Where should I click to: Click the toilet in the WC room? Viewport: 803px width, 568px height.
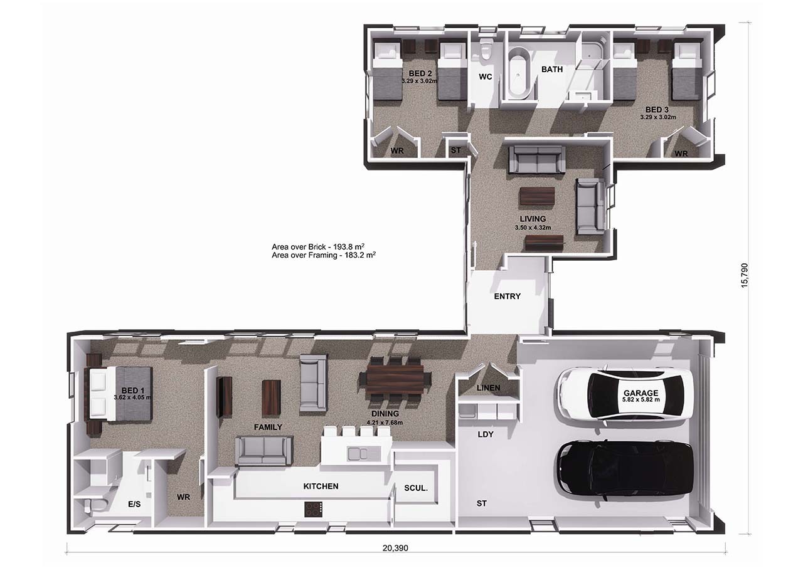tap(486, 50)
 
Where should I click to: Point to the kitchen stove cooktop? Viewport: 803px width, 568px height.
tap(313, 509)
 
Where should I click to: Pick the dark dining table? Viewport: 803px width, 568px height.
tap(395, 379)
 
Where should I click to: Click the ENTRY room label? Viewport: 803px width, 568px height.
tap(508, 296)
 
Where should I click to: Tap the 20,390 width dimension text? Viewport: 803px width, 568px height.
tap(395, 548)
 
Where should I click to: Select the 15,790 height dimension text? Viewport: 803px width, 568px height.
tap(744, 275)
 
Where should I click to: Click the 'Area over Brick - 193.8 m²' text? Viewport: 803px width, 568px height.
tap(318, 246)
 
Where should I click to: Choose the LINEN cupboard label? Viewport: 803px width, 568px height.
tap(488, 387)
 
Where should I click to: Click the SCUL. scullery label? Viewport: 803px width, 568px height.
tap(416, 488)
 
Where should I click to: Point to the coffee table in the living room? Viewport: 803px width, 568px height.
tap(537, 196)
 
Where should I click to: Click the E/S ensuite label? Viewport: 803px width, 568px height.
tap(134, 504)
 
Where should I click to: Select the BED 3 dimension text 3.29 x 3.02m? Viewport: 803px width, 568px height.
tap(658, 117)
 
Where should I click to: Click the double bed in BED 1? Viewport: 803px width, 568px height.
tap(119, 394)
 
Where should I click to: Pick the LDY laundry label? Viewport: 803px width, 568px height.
tap(486, 434)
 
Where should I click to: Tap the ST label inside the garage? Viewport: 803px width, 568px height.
tap(481, 503)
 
